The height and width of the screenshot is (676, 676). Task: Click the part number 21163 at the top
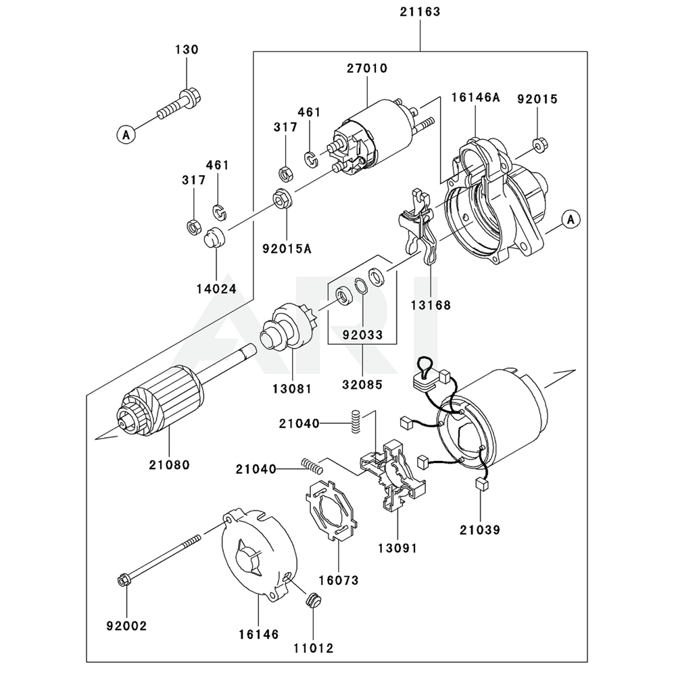click(420, 11)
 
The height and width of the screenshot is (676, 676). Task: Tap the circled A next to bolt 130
click(126, 135)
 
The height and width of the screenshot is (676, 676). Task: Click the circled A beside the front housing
click(571, 220)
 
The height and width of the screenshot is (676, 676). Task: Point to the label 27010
click(367, 68)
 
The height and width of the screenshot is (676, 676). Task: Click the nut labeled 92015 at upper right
click(539, 145)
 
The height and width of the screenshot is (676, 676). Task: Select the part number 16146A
click(475, 97)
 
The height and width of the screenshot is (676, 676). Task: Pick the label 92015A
click(287, 249)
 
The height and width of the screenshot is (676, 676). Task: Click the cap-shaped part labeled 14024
click(216, 237)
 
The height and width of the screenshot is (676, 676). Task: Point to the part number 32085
click(362, 384)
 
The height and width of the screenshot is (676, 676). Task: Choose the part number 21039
click(480, 530)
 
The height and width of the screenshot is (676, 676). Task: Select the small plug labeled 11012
click(314, 600)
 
